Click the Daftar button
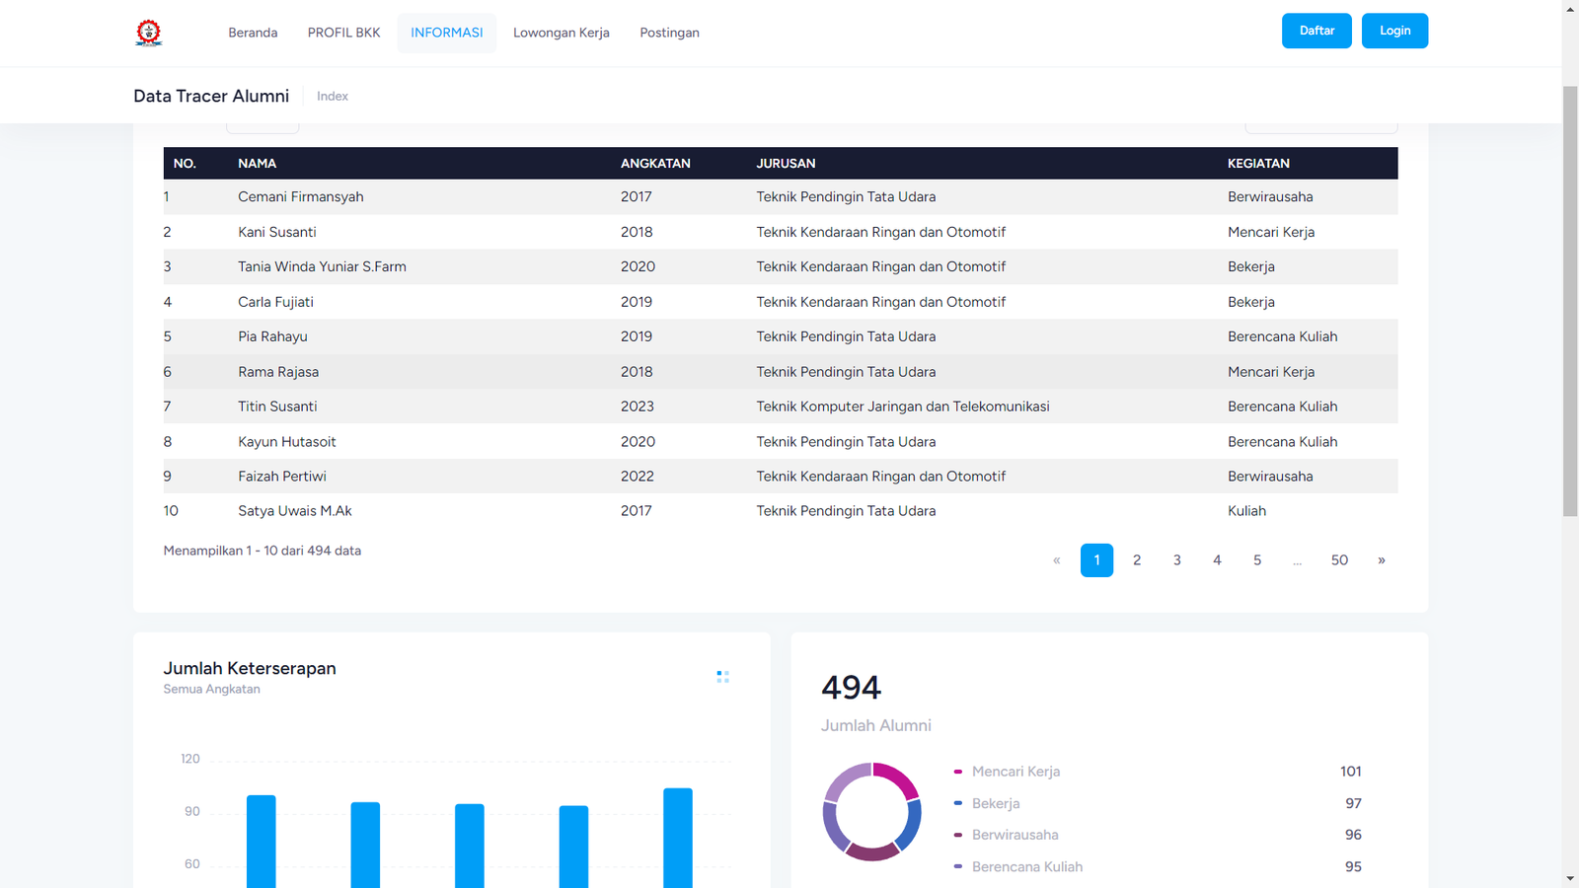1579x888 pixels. (1316, 31)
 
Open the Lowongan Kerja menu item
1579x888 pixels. (561, 33)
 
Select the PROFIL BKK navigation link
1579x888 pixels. (343, 33)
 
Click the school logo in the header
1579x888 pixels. (149, 33)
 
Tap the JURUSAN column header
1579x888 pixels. (786, 164)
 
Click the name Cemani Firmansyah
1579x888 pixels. (300, 197)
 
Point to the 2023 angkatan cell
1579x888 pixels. (637, 407)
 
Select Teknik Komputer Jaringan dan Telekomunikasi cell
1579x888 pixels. (902, 407)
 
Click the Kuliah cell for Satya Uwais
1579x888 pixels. (1246, 511)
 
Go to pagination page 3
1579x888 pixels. (1176, 560)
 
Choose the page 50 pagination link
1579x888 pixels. (1338, 560)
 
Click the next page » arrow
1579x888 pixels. (1381, 560)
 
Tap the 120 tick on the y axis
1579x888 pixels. (190, 759)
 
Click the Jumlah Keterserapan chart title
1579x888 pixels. (250, 669)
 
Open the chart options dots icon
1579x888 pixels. (722, 677)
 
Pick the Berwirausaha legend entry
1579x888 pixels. (1015, 835)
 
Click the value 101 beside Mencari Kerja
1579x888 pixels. (1350, 772)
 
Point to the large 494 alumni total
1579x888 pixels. (851, 688)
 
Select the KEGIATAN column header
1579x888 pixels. (1258, 164)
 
